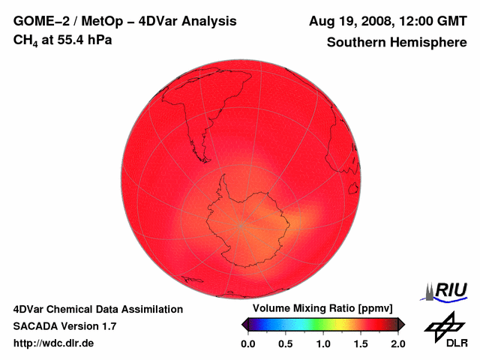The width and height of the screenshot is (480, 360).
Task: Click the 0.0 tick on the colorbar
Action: pos(248,343)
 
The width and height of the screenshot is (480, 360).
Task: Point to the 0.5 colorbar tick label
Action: pos(286,343)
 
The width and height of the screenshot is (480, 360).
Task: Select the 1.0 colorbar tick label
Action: pos(323,343)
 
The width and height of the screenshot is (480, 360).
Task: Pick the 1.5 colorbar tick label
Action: pos(361,343)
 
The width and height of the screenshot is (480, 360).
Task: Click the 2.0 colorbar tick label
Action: pos(397,343)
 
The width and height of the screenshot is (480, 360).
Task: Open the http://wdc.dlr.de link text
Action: pos(54,343)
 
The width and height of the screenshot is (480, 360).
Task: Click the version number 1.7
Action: pos(108,326)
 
